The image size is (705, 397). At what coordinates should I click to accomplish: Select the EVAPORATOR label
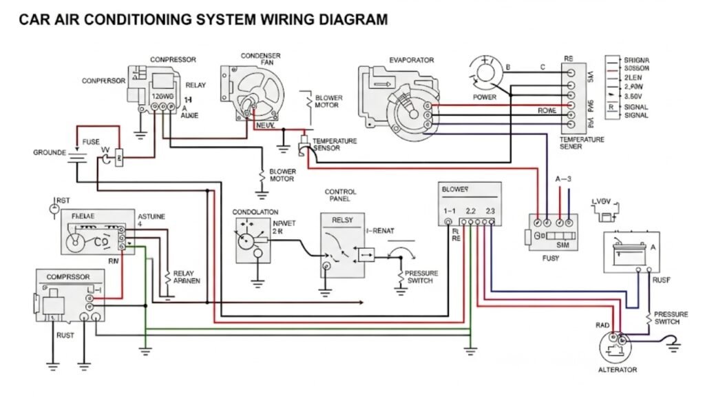411,60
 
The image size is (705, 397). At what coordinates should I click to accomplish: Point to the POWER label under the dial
484,97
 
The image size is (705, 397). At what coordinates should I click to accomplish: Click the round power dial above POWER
485,72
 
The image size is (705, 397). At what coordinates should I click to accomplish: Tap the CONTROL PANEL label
339,194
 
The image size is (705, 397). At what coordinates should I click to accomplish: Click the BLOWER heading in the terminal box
454,187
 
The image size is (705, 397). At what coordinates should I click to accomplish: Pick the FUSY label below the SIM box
550,258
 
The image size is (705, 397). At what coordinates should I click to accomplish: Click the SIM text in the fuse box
562,245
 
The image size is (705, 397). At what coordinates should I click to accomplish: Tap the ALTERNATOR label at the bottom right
618,369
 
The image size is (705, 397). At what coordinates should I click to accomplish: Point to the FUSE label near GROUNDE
91,142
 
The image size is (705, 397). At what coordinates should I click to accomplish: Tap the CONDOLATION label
255,212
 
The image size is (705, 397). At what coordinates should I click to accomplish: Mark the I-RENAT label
380,231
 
